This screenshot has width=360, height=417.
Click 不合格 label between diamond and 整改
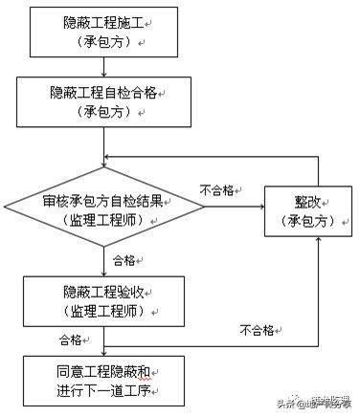click(x=217, y=189)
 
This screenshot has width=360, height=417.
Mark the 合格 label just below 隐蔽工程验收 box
click(x=71, y=338)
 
